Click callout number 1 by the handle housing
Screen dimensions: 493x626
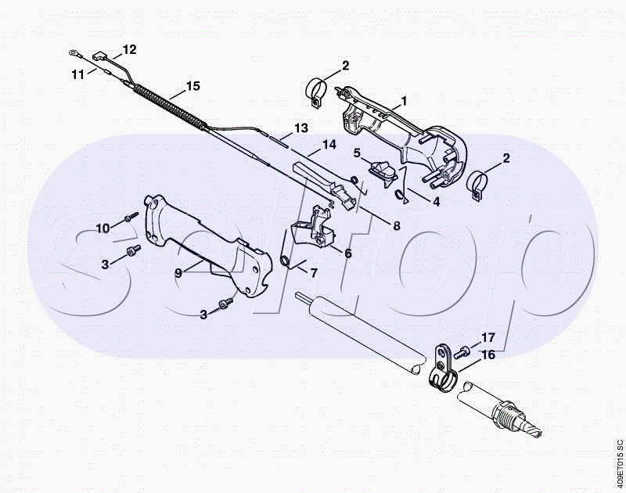pos(405,101)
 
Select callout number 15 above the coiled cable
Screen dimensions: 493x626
pos(193,85)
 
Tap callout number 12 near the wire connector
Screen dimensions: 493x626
pos(129,49)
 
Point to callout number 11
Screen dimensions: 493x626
pos(77,74)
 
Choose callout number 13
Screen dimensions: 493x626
pos(301,128)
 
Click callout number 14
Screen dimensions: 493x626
pos(329,145)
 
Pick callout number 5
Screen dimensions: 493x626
pos(356,153)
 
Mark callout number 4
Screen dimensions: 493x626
pos(436,200)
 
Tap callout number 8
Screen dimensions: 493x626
pos(397,226)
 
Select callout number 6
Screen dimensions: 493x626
pos(347,253)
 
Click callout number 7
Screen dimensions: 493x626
pos(314,273)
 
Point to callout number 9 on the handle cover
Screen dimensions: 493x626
pos(178,272)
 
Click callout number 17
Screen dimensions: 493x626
pos(488,339)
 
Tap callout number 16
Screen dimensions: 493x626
pos(488,355)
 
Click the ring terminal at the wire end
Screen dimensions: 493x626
pos(73,54)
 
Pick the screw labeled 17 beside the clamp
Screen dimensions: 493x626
pos(462,351)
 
